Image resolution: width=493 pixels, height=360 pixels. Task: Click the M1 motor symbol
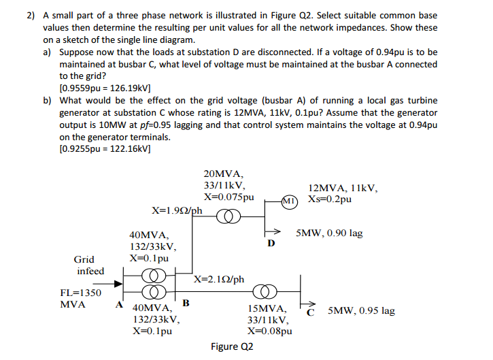pyautogui.click(x=290, y=201)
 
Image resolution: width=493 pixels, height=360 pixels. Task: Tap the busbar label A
pyautogui.click(x=120, y=305)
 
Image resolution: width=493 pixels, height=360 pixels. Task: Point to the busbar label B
pyautogui.click(x=186, y=302)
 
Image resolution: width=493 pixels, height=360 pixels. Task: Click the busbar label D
pyautogui.click(x=272, y=243)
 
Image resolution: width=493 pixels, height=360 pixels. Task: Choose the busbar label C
pyautogui.click(x=311, y=312)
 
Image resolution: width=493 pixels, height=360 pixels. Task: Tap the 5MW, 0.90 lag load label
pyautogui.click(x=329, y=233)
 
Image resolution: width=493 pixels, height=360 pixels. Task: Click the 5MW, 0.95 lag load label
pyautogui.click(x=360, y=311)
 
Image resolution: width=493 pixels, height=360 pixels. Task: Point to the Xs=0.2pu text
pyautogui.click(x=330, y=199)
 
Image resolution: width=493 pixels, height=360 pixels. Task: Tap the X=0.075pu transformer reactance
pyautogui.click(x=228, y=197)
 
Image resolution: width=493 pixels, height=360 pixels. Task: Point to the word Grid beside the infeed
pyautogui.click(x=84, y=259)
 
